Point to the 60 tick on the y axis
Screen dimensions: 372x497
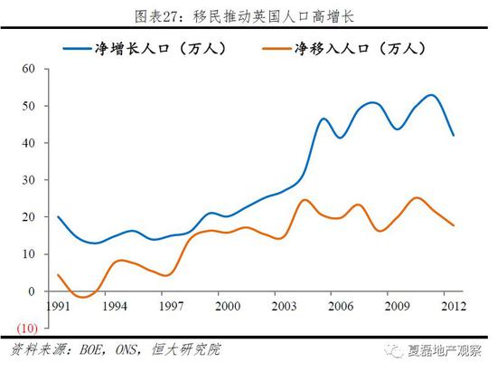tap(27, 69)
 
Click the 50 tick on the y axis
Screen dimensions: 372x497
tap(27, 106)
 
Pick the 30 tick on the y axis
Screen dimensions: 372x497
tap(27, 180)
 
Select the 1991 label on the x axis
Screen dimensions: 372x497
tap(59, 305)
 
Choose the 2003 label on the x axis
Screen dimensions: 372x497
tap(284, 305)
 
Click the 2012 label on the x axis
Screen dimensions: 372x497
tap(452, 305)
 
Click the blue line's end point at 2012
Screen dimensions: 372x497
tap(453, 135)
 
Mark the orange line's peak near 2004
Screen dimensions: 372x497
tap(305, 200)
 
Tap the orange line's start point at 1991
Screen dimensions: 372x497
tap(59, 275)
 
